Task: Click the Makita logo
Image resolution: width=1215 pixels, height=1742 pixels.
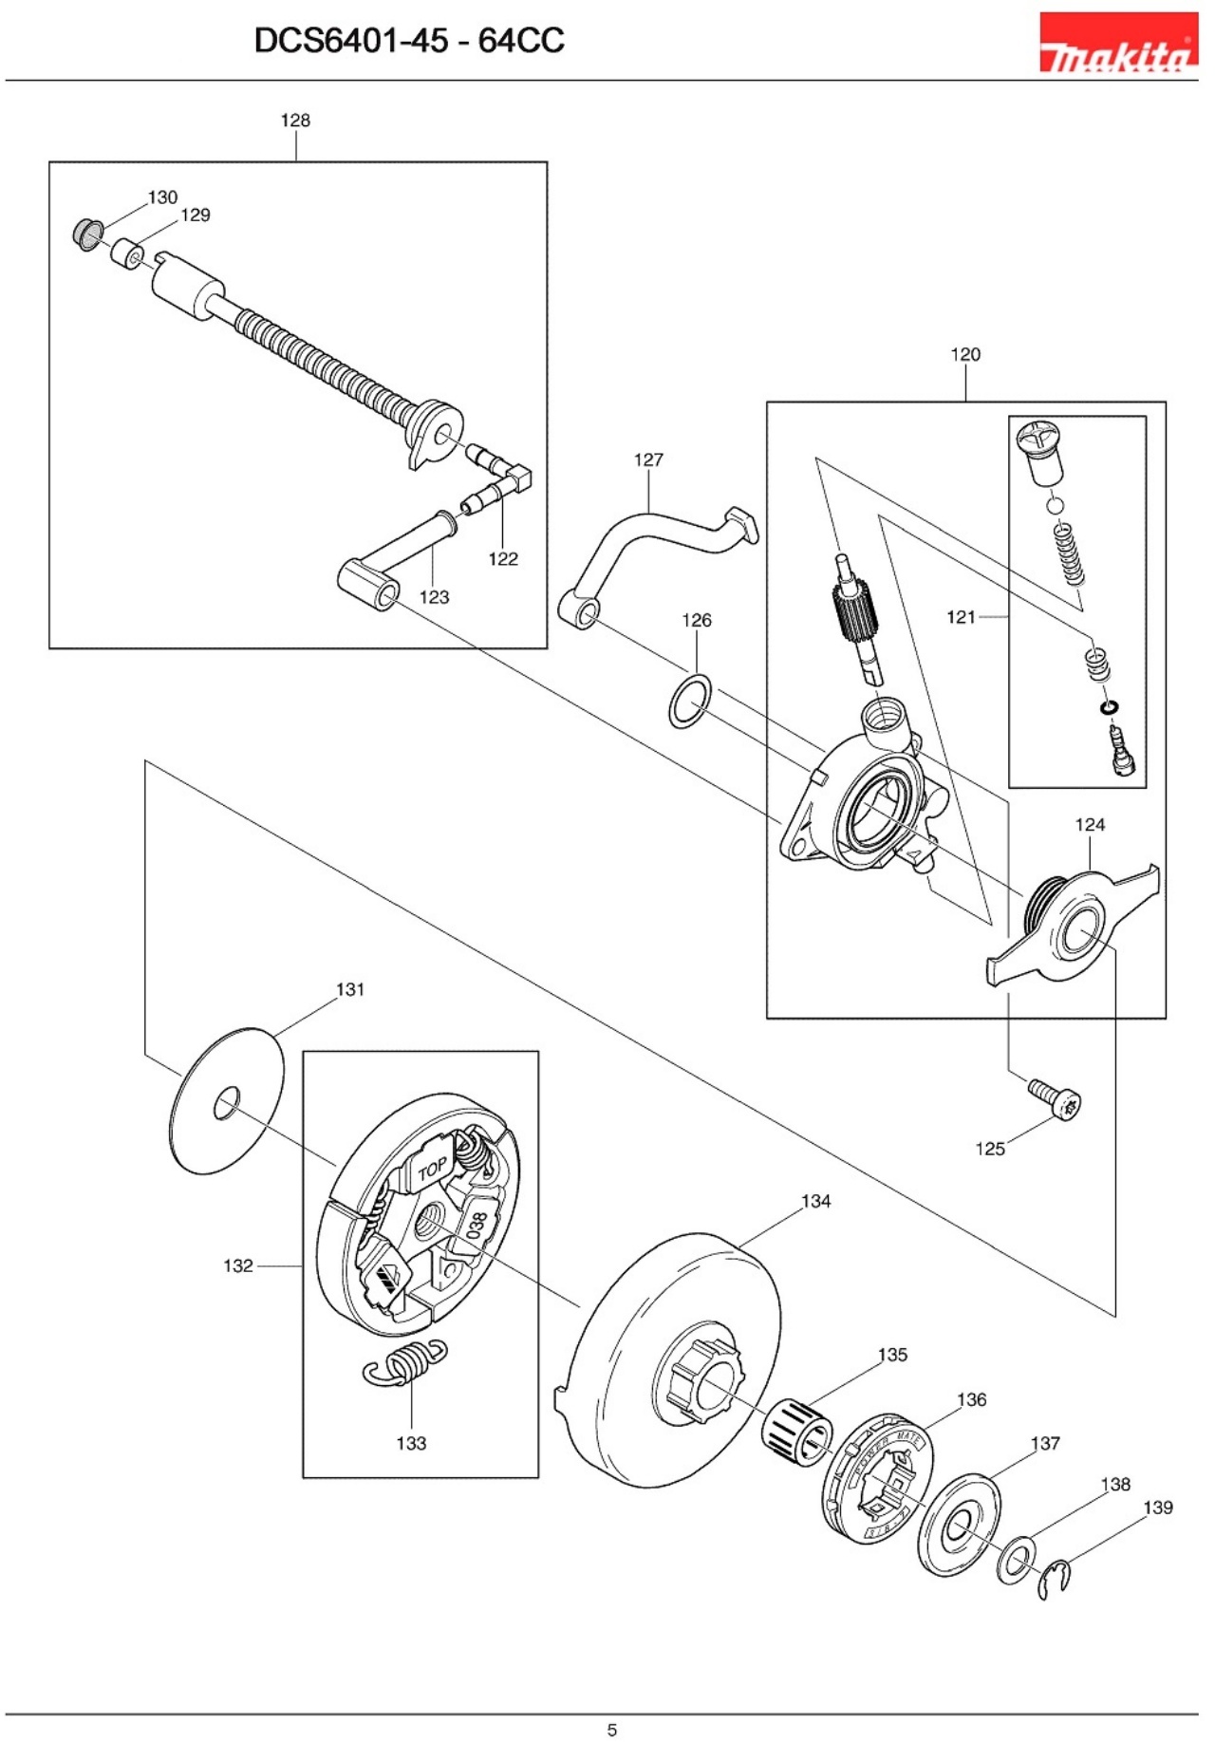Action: pos(1117,43)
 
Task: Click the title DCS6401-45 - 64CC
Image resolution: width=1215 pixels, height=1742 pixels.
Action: pos(409,41)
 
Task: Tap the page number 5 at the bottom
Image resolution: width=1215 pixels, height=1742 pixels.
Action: pos(612,1729)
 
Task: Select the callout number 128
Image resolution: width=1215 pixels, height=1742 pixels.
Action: pos(295,121)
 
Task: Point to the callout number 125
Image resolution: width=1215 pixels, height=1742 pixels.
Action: pos(989,1149)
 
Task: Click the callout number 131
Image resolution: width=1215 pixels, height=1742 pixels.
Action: pos(350,989)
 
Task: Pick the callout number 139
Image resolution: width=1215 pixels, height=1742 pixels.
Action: pos(1157,1508)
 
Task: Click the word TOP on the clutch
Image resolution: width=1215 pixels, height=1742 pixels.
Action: pos(433,1170)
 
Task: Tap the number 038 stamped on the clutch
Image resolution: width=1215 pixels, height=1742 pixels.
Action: pos(477,1224)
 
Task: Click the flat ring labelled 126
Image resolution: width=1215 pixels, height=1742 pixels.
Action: pos(690,702)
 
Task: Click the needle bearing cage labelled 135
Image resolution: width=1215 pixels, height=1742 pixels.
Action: pos(796,1429)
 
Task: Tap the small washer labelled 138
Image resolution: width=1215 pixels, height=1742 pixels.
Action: pos(1017,1559)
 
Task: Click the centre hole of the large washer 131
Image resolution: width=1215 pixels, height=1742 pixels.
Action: pos(226,1102)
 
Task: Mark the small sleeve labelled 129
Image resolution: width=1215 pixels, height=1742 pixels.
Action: pos(127,254)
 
